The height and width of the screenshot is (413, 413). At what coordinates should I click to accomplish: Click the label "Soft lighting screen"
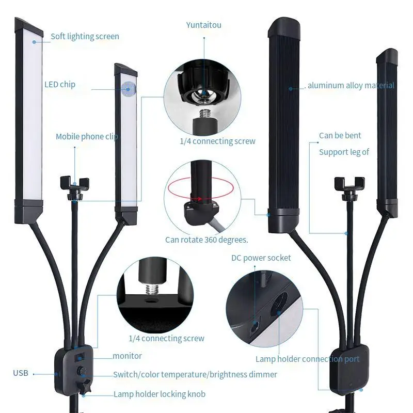click(x=85, y=37)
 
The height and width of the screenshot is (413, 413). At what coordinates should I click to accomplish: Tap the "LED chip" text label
click(x=59, y=84)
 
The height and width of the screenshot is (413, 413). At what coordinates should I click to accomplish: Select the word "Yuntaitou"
click(x=203, y=25)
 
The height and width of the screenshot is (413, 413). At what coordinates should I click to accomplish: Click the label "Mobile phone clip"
click(x=87, y=137)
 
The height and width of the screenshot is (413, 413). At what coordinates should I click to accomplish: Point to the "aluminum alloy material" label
click(x=351, y=86)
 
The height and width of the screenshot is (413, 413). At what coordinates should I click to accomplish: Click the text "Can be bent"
click(x=340, y=136)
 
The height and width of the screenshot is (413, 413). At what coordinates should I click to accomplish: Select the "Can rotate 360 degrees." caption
click(x=206, y=240)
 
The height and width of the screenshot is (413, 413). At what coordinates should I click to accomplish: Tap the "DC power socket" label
click(x=261, y=258)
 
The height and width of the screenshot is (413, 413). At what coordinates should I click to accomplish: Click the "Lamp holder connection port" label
click(x=307, y=359)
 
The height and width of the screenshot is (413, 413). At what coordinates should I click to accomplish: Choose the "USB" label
click(x=21, y=373)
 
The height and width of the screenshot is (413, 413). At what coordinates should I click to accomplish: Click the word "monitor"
click(x=127, y=356)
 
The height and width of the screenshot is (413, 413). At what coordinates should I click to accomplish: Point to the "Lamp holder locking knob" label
click(x=159, y=394)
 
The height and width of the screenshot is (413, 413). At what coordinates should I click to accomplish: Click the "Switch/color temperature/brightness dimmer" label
click(x=195, y=374)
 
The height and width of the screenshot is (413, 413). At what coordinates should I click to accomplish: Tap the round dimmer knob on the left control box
click(x=82, y=372)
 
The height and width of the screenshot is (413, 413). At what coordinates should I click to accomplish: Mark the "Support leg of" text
click(x=344, y=152)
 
